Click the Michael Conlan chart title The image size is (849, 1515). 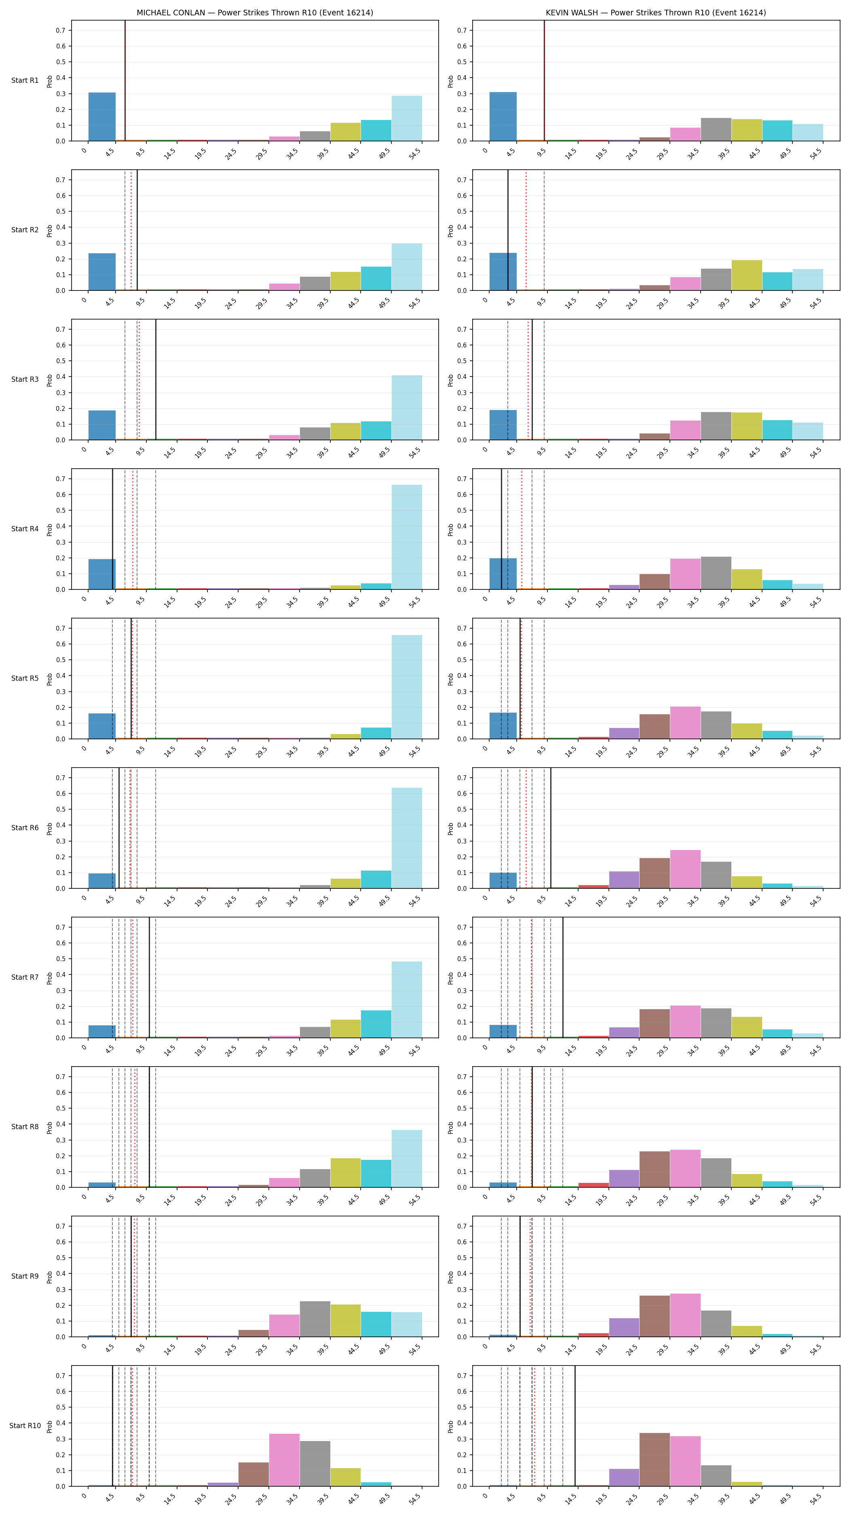[255, 13]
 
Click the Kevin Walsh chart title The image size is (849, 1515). [655, 13]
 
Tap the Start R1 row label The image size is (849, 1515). [25, 80]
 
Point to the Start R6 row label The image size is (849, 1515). [25, 827]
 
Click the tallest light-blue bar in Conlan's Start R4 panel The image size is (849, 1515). [407, 537]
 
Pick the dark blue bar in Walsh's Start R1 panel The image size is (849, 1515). [503, 116]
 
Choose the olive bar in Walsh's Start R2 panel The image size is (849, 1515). [747, 275]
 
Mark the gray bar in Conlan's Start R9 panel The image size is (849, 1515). [315, 1319]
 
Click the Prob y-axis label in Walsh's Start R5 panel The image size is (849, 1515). [451, 679]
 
